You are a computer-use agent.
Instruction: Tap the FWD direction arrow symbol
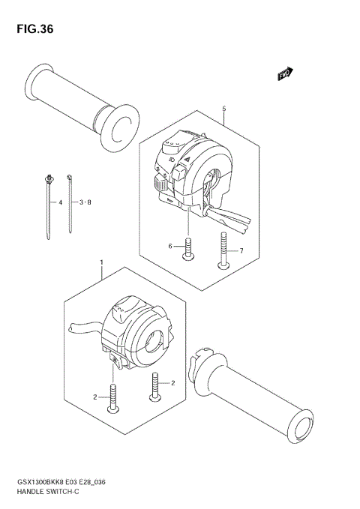pos(285,73)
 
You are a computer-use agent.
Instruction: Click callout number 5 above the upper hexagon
pos(223,109)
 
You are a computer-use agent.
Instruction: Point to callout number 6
pos(170,247)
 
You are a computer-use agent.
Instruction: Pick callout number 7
pos(241,250)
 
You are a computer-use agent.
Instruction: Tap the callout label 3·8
pos(84,202)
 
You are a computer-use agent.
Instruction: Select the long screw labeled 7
pos(223,250)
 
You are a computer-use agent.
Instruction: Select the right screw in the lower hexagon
pos(157,385)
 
